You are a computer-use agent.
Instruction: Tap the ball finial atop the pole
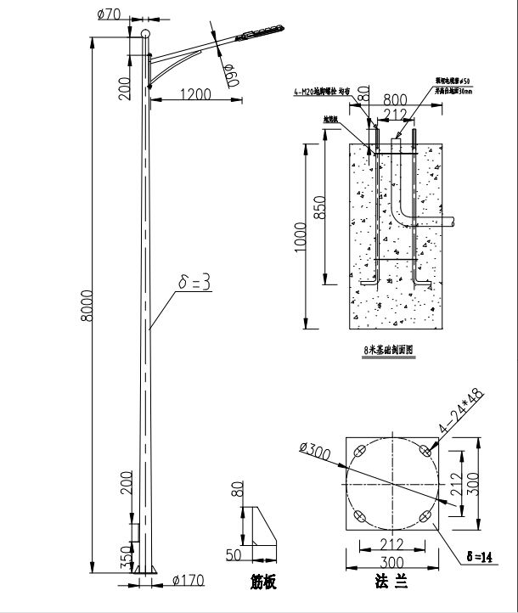coord(145,33)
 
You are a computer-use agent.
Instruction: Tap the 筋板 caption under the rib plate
coord(264,584)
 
